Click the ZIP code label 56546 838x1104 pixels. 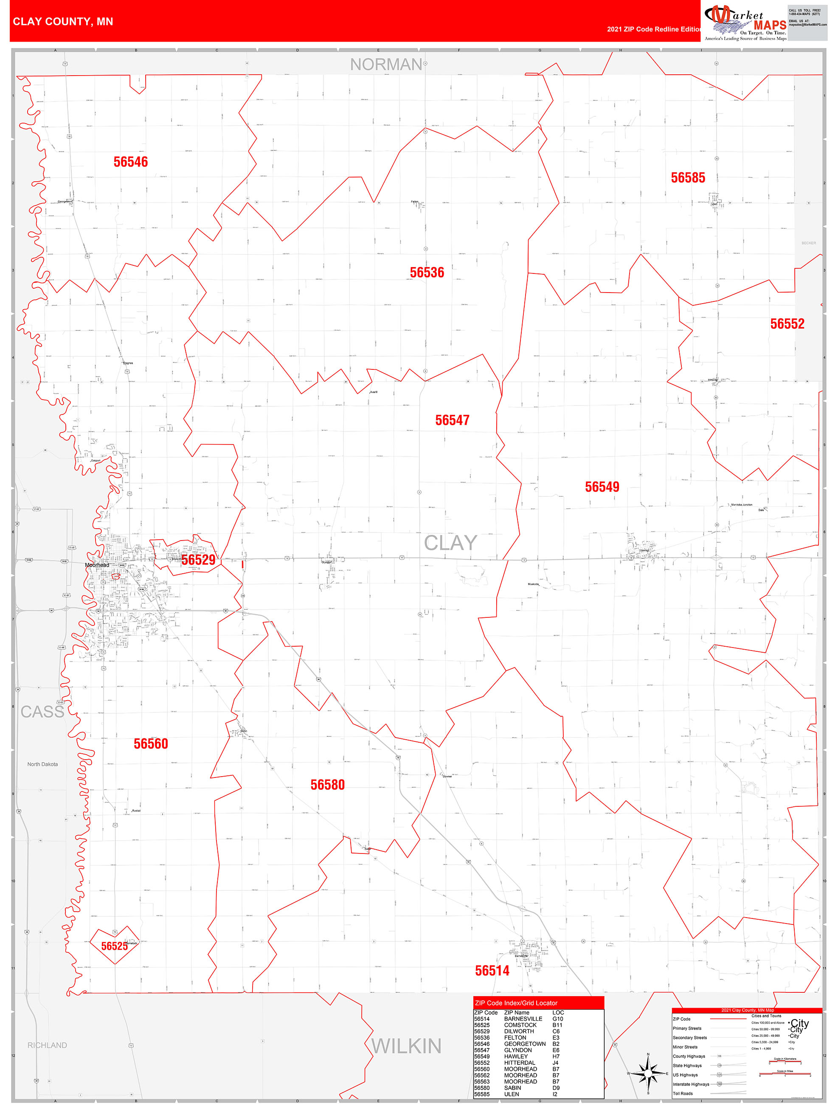(130, 162)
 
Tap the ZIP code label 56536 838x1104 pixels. (427, 273)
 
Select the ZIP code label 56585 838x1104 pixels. (688, 177)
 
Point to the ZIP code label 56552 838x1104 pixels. (787, 324)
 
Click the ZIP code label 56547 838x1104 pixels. (452, 420)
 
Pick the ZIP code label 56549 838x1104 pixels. (602, 487)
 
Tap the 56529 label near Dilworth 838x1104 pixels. (198, 560)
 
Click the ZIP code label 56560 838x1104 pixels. (151, 744)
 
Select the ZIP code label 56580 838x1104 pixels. (327, 785)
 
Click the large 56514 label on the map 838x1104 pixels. (492, 971)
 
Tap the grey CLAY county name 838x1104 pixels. (450, 543)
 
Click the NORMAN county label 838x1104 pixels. (386, 65)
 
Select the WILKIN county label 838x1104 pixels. (406, 1046)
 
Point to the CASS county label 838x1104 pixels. (42, 712)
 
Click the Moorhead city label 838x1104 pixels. (97, 565)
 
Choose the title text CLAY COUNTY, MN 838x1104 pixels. (63, 22)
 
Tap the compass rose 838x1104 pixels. (648, 1073)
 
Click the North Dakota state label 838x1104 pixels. (42, 764)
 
